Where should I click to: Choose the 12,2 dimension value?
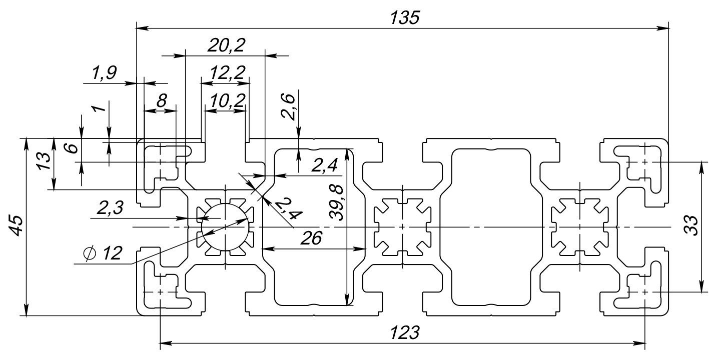(x=228, y=73)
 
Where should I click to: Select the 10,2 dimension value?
(x=227, y=101)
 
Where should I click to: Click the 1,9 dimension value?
(x=104, y=73)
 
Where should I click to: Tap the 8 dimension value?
(x=161, y=101)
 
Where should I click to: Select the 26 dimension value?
(x=311, y=238)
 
